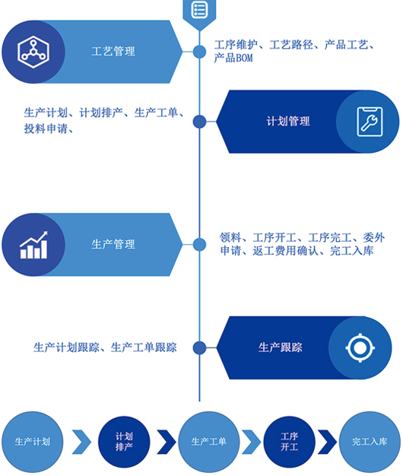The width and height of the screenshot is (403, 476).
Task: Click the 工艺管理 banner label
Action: (x=113, y=51)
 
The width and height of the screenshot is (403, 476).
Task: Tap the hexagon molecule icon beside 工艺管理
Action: (x=33, y=52)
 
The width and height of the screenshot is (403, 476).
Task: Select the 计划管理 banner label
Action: (x=288, y=122)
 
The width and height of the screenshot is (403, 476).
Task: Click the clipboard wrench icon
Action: (x=370, y=122)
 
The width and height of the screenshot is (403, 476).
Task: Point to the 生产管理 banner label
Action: (x=113, y=244)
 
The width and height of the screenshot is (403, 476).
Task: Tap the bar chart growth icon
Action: (x=33, y=245)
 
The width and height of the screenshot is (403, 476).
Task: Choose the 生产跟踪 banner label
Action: (x=281, y=347)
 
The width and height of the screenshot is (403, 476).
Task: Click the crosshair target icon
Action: (x=360, y=347)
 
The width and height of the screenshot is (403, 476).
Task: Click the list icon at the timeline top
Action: (x=199, y=9)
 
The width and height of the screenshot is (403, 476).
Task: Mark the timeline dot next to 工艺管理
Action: (x=199, y=52)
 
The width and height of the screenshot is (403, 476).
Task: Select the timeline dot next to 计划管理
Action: (x=199, y=122)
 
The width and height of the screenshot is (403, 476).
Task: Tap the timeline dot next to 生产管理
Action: (x=199, y=244)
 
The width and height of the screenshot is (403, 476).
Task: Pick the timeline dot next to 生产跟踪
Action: (x=199, y=347)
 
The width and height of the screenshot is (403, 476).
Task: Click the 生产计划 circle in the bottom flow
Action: (x=33, y=442)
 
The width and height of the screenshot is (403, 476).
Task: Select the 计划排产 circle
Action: (x=124, y=442)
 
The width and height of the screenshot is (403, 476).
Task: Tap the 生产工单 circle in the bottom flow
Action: (x=209, y=442)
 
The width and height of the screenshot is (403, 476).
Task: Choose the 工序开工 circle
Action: (x=289, y=442)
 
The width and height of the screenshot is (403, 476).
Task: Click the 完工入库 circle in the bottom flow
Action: (x=370, y=442)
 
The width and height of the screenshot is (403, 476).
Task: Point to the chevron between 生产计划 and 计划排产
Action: (x=81, y=442)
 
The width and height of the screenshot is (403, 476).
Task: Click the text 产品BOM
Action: (x=233, y=58)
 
